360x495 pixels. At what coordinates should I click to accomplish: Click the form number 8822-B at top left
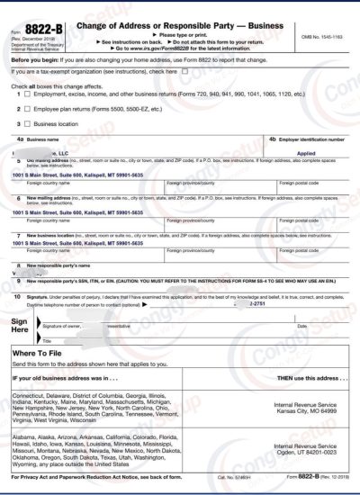click(x=38, y=30)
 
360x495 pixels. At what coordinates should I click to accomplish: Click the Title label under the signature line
click(x=47, y=340)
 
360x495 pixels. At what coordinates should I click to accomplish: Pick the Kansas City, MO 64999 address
click(x=309, y=410)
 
